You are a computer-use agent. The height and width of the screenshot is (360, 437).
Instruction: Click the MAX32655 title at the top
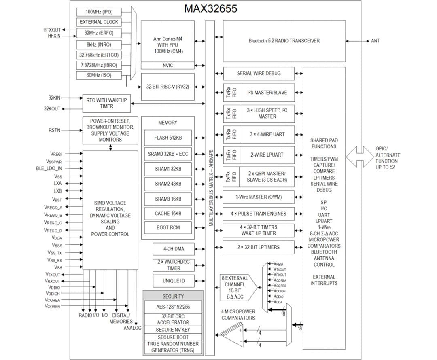210,9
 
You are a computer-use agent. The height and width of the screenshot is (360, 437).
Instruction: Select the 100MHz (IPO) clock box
99,12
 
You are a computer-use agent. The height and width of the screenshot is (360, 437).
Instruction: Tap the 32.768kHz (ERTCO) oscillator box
99,55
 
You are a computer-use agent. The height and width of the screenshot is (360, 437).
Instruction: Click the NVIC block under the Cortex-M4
168,66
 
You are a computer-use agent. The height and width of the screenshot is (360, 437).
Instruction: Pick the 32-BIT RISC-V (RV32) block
168,87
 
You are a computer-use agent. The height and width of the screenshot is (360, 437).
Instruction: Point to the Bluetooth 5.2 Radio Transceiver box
284,41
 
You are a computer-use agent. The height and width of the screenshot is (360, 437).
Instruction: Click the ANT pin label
375,41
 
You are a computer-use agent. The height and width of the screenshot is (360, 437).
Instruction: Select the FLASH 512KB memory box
168,138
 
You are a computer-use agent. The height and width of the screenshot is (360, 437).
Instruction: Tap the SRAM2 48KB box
168,184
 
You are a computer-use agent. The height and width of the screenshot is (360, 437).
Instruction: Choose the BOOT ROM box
168,227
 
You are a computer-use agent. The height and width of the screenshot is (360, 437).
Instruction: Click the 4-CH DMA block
173,249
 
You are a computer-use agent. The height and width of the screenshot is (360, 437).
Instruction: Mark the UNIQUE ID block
173,281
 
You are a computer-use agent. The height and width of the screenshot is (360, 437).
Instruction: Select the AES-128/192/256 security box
173,307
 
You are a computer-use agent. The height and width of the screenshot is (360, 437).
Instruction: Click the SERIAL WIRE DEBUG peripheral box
259,74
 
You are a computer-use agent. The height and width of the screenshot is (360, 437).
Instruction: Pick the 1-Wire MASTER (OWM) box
259,197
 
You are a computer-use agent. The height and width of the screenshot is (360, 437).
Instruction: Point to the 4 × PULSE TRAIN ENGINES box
259,214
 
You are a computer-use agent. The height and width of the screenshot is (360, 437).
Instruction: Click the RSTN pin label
55,130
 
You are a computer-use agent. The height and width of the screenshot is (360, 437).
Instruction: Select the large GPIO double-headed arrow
360,157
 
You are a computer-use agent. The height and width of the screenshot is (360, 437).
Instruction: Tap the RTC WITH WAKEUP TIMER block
107,104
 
